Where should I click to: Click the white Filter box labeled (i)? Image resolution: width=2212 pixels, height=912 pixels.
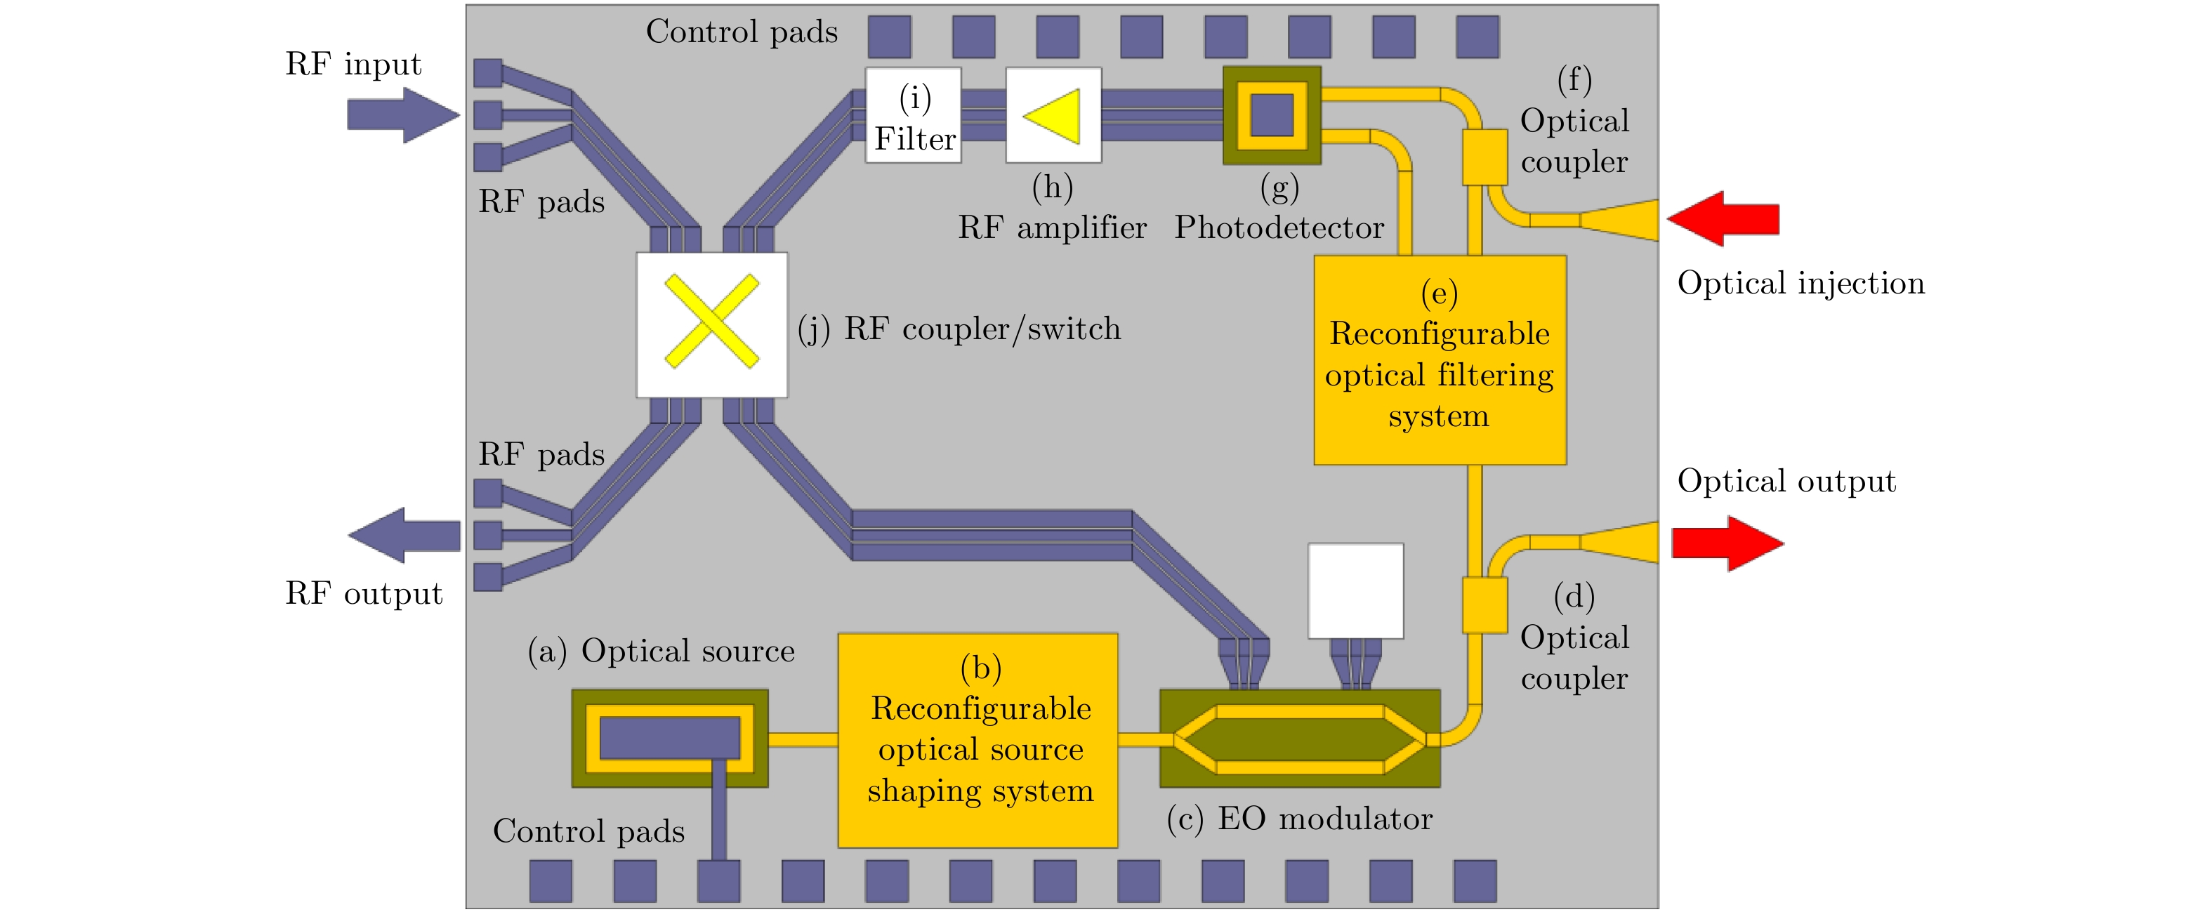point(913,115)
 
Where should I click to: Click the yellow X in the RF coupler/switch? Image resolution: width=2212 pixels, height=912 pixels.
point(712,321)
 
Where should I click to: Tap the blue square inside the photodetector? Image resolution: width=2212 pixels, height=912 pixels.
point(1272,115)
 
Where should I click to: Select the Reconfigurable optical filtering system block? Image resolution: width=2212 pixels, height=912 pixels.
point(1440,360)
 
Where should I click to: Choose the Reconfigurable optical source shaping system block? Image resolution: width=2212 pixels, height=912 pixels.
point(978,740)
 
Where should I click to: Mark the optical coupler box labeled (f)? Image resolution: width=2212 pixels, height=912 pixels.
point(1484,157)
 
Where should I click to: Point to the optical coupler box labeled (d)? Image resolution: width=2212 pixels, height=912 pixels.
point(1484,604)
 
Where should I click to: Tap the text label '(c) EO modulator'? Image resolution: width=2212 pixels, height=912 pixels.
point(1299,819)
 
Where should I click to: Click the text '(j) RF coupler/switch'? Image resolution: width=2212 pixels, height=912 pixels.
point(959,329)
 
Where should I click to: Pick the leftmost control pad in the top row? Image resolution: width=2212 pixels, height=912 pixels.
point(889,37)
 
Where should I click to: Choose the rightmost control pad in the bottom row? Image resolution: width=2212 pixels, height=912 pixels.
point(1475,881)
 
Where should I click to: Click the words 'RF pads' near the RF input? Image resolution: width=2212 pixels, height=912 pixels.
point(541,201)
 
